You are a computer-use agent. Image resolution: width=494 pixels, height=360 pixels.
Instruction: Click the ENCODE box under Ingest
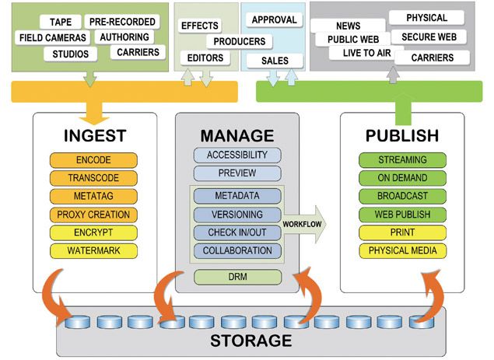click(93, 160)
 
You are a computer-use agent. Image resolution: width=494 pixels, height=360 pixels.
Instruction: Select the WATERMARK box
click(93, 250)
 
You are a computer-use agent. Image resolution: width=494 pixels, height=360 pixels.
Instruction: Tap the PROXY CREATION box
click(93, 215)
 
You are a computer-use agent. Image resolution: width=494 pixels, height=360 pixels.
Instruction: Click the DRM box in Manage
click(236, 276)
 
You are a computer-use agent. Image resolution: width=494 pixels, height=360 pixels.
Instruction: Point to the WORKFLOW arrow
click(304, 223)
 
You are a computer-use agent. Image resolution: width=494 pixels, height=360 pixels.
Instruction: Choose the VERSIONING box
click(236, 214)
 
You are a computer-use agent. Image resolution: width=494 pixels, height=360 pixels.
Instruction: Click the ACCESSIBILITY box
click(236, 155)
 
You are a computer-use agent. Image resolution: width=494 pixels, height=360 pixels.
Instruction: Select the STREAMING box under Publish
click(403, 160)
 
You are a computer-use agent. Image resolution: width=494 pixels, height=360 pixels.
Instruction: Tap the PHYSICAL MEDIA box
click(403, 250)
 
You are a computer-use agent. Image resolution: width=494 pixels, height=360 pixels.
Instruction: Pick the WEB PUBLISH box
click(403, 215)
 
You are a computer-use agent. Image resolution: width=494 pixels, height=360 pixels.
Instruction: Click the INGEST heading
click(94, 136)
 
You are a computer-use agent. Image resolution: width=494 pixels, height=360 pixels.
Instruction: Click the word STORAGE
click(251, 340)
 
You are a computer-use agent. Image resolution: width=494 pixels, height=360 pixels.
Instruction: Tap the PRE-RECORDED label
click(122, 22)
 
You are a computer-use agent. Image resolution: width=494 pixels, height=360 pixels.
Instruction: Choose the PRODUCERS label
click(237, 41)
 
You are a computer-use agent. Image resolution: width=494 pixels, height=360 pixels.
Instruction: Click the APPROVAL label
click(278, 19)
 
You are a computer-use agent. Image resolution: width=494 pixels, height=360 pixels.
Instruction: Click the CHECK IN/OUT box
click(236, 232)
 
